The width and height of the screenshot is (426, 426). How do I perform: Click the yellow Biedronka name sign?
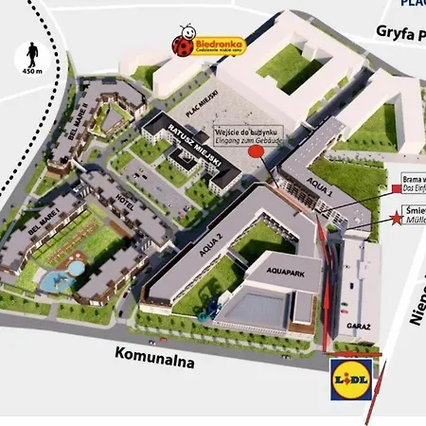click(x=220, y=44)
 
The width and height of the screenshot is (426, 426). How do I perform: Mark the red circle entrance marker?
click(x=255, y=151)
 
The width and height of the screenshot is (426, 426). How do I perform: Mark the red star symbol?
click(x=395, y=217)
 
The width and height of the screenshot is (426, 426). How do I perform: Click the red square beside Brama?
click(x=395, y=189)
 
